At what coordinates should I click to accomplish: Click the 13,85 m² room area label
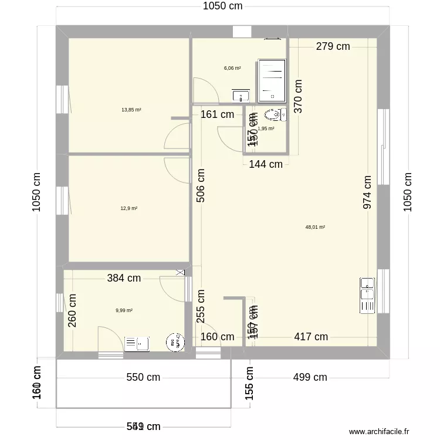pyautogui.click(x=131, y=110)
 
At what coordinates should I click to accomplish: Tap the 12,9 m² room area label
pyautogui.click(x=129, y=208)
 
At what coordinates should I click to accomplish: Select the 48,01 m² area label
pyautogui.click(x=315, y=227)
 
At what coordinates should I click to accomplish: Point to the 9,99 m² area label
pyautogui.click(x=124, y=310)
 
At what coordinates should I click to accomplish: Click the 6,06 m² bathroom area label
pyautogui.click(x=232, y=68)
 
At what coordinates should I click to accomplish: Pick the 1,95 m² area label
pyautogui.click(x=266, y=128)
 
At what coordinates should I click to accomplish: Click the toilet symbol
pyautogui.click(x=274, y=114)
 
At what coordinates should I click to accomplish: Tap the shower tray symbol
pyautogui.click(x=272, y=79)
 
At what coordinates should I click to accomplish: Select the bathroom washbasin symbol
pyautogui.click(x=241, y=95)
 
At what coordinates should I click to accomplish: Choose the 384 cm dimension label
pyautogui.click(x=124, y=278)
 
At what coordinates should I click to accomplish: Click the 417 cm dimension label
pyautogui.click(x=311, y=337)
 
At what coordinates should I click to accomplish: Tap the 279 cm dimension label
pyautogui.click(x=333, y=47)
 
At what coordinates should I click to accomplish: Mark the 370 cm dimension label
pyautogui.click(x=299, y=96)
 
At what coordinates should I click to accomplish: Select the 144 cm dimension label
pyautogui.click(x=266, y=165)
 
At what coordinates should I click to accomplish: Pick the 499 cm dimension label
pyautogui.click(x=310, y=377)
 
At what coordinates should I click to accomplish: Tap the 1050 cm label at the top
pyautogui.click(x=222, y=6)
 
